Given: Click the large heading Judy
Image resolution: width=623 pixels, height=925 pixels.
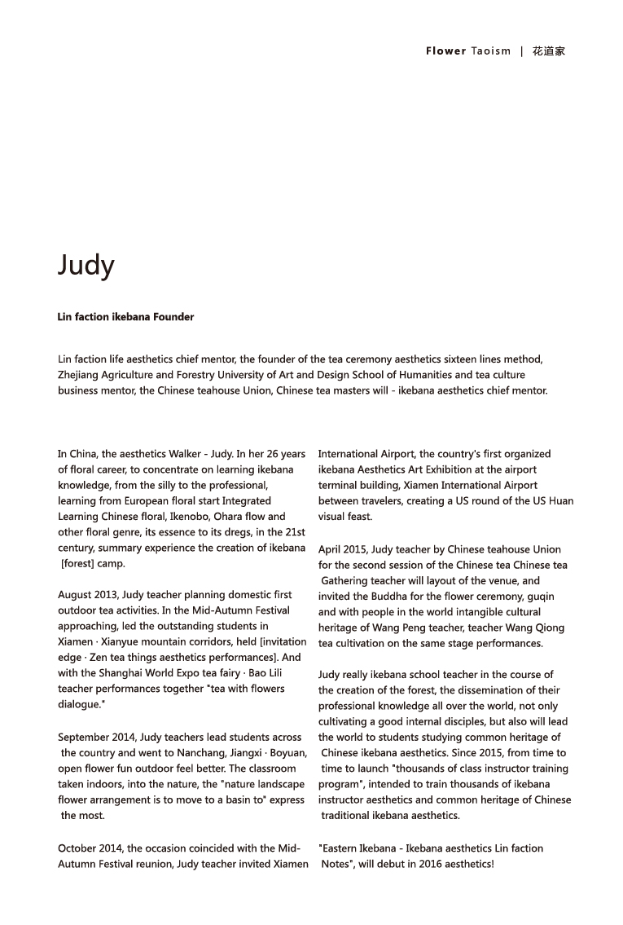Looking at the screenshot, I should (x=86, y=265).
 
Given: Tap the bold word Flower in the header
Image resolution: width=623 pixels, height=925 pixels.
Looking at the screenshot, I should (x=445, y=51).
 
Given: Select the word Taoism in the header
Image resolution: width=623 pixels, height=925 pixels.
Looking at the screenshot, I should (x=491, y=51).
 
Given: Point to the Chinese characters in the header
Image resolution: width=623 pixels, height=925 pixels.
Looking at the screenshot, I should (x=549, y=51).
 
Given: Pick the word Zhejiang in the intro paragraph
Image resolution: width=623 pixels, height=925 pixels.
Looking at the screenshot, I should (x=78, y=375).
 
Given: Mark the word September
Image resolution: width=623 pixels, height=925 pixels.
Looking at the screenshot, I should (x=86, y=737).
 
